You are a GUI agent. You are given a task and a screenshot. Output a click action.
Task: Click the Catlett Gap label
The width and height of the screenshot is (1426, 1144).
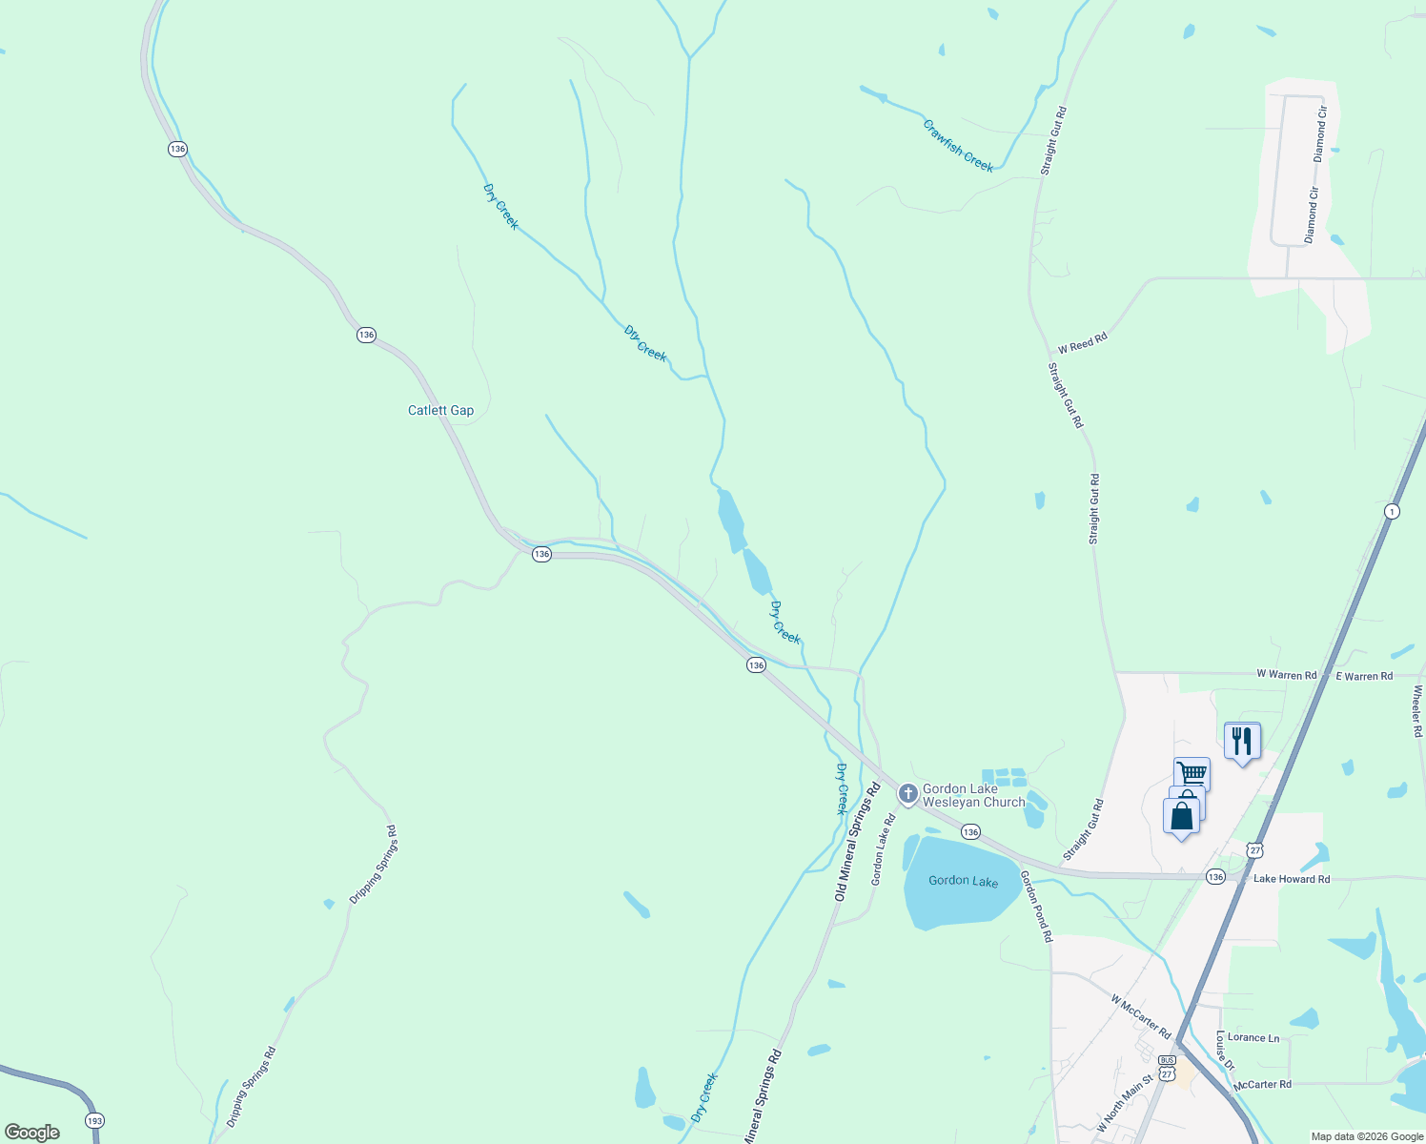(x=440, y=411)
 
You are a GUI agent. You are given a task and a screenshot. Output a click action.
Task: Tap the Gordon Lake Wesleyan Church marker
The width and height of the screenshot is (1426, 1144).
(x=908, y=792)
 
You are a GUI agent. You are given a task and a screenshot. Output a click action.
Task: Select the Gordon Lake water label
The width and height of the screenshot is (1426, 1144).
(x=963, y=881)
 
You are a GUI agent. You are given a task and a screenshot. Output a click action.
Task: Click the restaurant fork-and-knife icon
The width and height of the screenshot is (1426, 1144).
(x=1241, y=740)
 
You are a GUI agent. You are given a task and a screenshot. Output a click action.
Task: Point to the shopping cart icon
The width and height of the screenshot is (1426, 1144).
(x=1192, y=773)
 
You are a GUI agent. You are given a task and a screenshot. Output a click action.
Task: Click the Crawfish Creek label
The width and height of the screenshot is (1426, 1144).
(x=958, y=146)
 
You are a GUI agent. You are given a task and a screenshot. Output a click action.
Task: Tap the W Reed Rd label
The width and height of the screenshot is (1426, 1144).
(x=1083, y=343)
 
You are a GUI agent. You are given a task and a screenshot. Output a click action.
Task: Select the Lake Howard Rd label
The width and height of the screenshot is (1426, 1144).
(x=1292, y=879)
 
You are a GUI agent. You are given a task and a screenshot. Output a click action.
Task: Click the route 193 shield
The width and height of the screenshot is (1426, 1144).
(x=93, y=1121)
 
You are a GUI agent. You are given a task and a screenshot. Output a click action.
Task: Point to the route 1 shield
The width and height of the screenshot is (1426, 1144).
(x=1392, y=512)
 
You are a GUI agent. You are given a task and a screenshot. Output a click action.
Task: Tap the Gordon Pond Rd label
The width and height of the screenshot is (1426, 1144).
(x=1036, y=907)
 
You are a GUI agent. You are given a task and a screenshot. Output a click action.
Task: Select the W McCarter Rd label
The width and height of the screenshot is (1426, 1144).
(x=1140, y=1016)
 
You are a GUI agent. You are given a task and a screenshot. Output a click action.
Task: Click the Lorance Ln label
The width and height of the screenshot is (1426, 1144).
(x=1253, y=1038)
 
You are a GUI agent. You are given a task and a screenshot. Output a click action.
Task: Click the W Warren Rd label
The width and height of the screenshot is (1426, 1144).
(x=1286, y=675)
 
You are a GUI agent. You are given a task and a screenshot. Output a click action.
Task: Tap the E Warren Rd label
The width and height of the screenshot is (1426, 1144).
(x=1364, y=677)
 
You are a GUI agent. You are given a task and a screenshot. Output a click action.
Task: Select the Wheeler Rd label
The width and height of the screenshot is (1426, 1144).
(x=1418, y=711)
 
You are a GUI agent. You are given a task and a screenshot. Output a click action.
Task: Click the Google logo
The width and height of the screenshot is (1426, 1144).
(x=32, y=1133)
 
